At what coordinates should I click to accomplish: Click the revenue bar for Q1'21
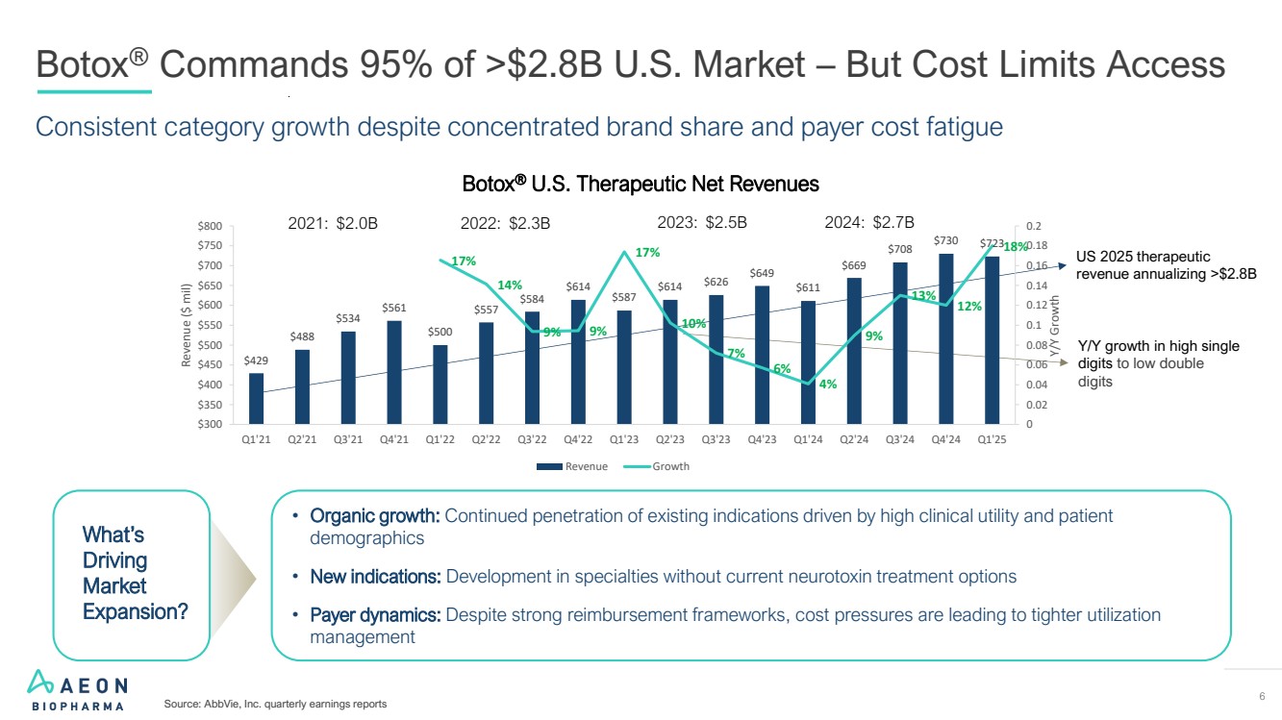click(255, 398)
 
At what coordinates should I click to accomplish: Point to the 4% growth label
click(828, 385)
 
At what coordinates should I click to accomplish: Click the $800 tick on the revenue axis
click(211, 226)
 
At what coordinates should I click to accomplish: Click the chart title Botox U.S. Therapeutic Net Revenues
click(641, 184)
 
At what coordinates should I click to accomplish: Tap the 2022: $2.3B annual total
click(505, 223)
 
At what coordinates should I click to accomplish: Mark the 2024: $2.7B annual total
click(869, 223)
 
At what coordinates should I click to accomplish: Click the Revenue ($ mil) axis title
click(189, 325)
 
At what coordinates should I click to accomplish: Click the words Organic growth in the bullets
click(375, 516)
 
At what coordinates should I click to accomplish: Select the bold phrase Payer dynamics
click(375, 614)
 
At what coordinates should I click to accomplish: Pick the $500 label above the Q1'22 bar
click(440, 331)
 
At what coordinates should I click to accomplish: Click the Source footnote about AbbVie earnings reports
click(275, 705)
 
